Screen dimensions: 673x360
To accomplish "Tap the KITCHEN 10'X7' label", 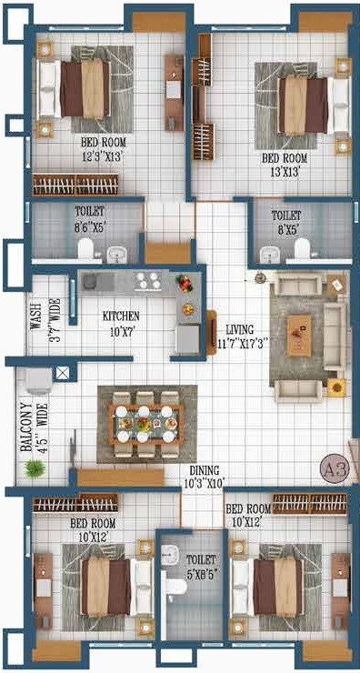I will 121,322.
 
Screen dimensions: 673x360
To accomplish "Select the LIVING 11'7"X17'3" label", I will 240,336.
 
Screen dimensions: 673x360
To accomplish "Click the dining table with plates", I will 145,423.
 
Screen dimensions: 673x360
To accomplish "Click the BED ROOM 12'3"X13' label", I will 103,149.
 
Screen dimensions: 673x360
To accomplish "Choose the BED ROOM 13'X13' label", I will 281,162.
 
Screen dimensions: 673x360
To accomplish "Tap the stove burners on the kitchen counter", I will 148,280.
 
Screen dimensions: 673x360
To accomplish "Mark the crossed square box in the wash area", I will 62,372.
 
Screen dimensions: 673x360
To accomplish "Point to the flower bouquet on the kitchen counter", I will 185,283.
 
